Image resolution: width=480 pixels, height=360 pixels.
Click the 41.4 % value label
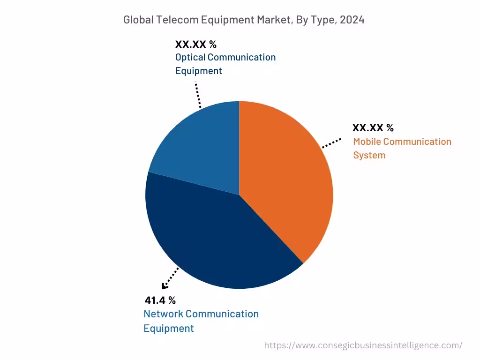tap(160, 300)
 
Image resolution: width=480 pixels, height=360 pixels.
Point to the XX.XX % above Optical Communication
tap(195, 45)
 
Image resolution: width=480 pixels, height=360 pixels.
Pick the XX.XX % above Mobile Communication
tap(373, 128)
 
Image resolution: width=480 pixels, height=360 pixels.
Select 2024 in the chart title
tap(352, 20)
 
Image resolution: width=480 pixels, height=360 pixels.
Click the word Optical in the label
tap(190, 57)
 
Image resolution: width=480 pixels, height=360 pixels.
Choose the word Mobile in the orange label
tap(368, 142)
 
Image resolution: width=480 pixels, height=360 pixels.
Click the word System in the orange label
tap(369, 155)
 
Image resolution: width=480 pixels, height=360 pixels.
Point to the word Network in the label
tap(163, 314)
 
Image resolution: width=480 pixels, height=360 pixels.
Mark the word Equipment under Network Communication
tap(168, 328)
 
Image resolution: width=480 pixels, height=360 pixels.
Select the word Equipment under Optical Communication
tap(198, 71)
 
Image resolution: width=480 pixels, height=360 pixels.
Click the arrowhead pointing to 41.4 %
tap(165, 286)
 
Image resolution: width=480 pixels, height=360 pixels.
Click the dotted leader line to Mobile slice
tap(331, 143)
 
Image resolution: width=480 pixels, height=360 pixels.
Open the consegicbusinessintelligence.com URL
tap(363, 345)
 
